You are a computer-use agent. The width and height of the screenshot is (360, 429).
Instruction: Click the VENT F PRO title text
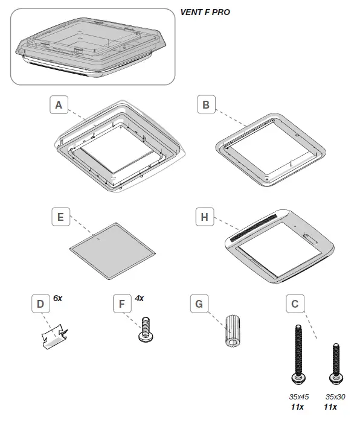click(205, 11)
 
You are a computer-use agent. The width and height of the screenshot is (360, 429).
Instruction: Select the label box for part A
click(58, 106)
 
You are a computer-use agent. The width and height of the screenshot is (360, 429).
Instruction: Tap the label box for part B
click(207, 106)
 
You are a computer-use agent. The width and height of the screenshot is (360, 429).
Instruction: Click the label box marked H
click(205, 217)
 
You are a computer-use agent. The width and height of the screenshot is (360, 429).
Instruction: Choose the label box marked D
click(40, 304)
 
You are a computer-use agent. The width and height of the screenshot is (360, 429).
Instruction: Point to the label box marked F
click(122, 304)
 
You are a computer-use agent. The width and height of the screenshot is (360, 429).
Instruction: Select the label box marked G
click(198, 304)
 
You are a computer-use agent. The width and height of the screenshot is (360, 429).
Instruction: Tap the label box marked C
click(294, 304)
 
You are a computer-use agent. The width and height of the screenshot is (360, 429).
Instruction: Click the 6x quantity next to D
click(58, 299)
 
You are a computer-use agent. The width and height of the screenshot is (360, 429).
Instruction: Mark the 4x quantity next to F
click(140, 299)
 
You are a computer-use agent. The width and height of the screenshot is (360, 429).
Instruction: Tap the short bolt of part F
click(144, 330)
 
